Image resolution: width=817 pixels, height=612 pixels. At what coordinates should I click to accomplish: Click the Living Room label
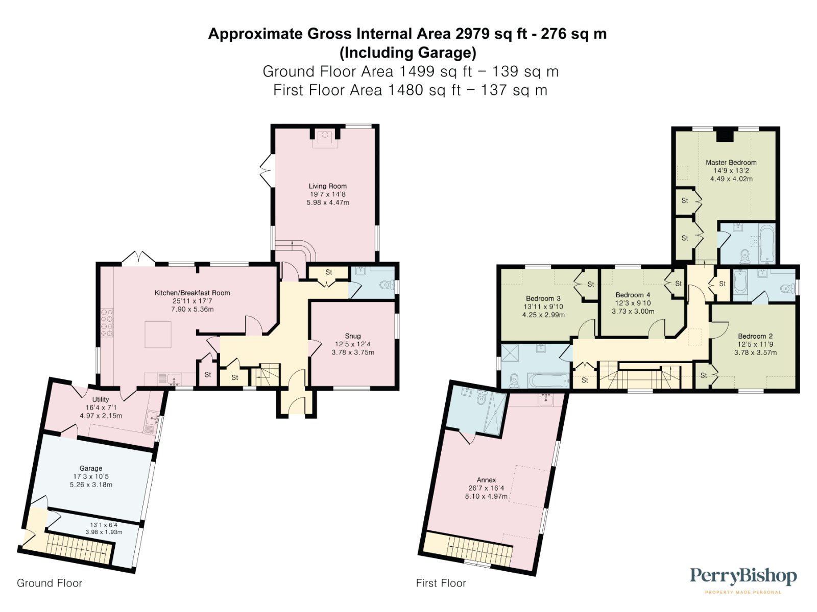[x=327, y=186]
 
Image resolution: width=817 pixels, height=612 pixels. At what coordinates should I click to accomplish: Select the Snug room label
[x=353, y=336]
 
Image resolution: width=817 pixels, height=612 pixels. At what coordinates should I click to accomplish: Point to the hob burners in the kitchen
[x=107, y=322]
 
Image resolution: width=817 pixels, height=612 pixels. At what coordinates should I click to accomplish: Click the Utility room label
[x=101, y=399]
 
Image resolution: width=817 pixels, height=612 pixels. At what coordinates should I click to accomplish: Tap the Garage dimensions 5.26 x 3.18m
[x=91, y=484]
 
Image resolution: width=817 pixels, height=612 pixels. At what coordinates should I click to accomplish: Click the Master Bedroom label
[x=731, y=162]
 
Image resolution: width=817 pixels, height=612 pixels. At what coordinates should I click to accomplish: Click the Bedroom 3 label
[x=543, y=298]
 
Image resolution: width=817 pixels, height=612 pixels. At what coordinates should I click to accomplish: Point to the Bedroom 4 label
[x=633, y=295]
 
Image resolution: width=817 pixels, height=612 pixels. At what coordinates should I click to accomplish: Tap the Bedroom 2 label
[x=755, y=336]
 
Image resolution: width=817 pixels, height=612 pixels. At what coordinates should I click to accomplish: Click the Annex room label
[x=486, y=480]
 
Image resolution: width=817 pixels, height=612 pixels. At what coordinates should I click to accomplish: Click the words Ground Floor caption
[x=49, y=583]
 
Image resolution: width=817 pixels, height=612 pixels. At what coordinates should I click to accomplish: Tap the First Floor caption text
[x=441, y=583]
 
